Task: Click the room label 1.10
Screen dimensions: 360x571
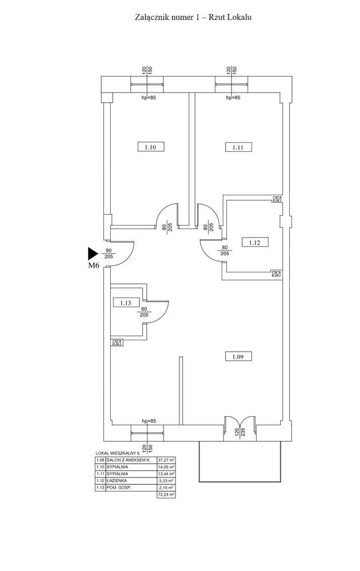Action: point(151,147)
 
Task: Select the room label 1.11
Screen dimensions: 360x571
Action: point(238,147)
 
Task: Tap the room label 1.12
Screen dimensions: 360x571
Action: point(254,243)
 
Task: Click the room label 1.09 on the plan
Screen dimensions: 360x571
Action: point(238,357)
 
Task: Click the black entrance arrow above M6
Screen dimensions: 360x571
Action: point(93,253)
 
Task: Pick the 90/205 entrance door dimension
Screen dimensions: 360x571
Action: point(109,254)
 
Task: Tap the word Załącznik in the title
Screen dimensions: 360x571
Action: point(150,17)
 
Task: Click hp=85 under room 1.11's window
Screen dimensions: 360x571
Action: point(233,98)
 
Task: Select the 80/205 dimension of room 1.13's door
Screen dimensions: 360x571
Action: point(144,311)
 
